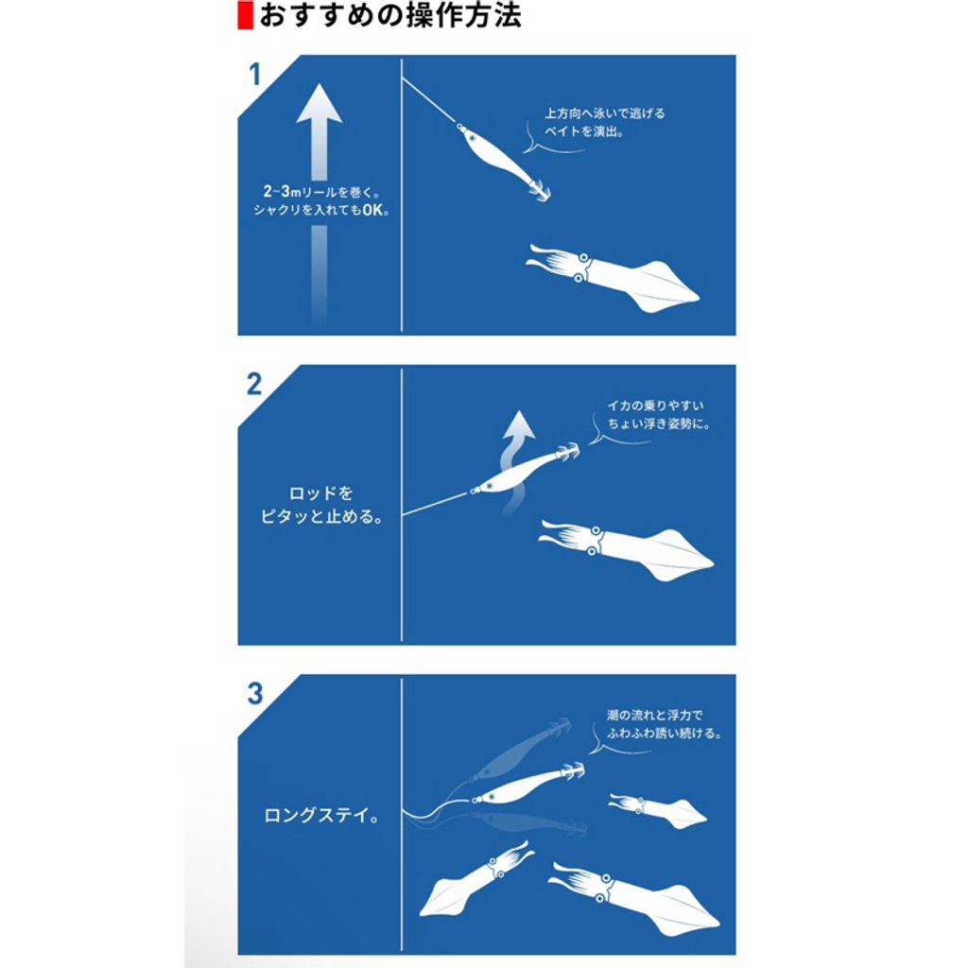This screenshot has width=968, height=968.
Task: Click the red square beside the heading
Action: [246, 15]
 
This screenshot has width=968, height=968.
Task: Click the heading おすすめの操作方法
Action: [390, 15]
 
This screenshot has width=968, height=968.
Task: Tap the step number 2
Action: [254, 384]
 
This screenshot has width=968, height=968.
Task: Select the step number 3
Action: [255, 693]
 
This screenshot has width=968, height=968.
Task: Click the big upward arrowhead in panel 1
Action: [320, 105]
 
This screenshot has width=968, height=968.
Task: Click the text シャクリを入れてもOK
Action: [321, 210]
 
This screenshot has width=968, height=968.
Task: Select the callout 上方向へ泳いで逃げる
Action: [604, 113]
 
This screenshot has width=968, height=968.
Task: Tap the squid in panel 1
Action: [613, 278]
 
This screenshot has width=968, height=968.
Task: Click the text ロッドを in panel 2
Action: [320, 493]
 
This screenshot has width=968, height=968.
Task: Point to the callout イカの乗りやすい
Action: [655, 406]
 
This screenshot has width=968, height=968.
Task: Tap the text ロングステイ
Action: [321, 816]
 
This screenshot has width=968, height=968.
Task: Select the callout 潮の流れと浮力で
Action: [654, 715]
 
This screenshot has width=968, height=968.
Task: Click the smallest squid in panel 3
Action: [658, 811]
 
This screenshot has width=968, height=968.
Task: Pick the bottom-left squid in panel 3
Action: [475, 880]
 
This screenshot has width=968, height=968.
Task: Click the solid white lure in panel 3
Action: [527, 784]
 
